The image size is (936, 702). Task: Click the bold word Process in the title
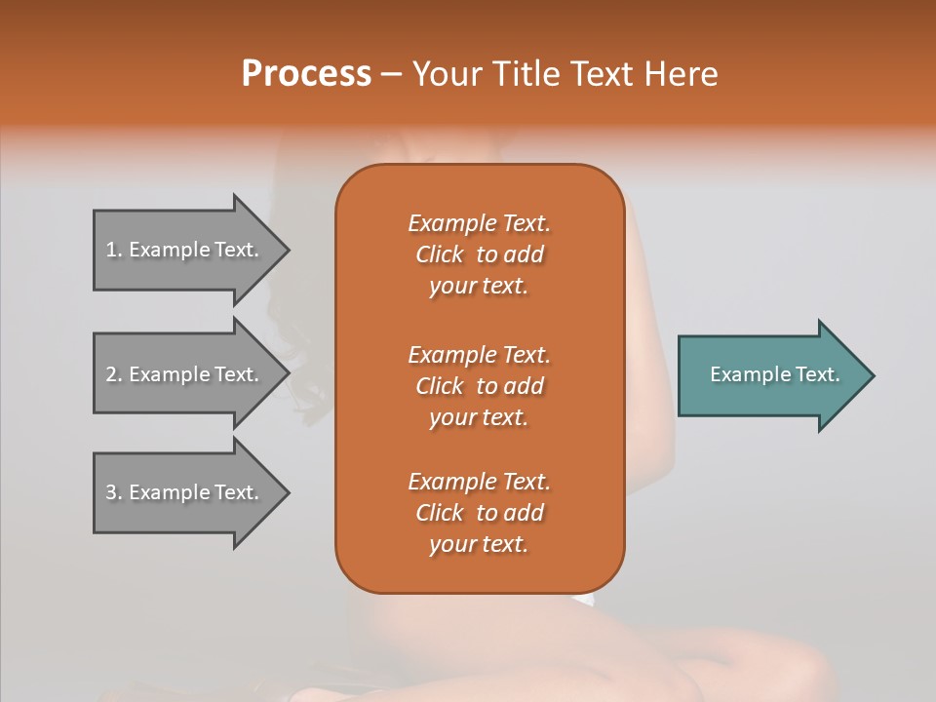pyautogui.click(x=306, y=74)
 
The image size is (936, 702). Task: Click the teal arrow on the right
pyautogui.click(x=770, y=375)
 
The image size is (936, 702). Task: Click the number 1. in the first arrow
pyautogui.click(x=114, y=250)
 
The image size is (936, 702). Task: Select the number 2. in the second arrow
pyautogui.click(x=114, y=374)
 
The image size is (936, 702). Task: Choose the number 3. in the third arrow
pyautogui.click(x=114, y=492)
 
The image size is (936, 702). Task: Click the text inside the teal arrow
pyautogui.click(x=774, y=374)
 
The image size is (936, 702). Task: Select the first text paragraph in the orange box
pyautogui.click(x=479, y=254)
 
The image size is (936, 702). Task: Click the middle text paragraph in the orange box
pyautogui.click(x=479, y=385)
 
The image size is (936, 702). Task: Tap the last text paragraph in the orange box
pyautogui.click(x=479, y=513)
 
